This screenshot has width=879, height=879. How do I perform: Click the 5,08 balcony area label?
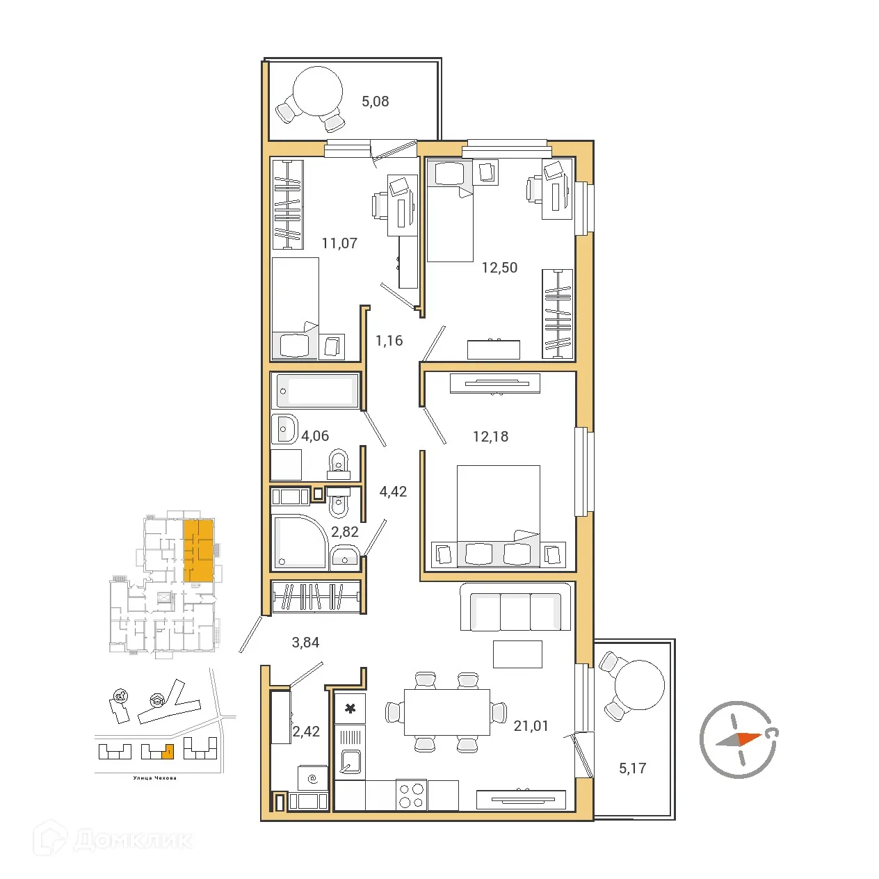[x=375, y=102]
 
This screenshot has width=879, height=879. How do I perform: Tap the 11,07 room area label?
[x=339, y=243]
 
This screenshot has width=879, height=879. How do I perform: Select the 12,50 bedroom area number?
[x=499, y=268]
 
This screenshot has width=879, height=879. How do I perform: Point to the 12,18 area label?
[x=490, y=437]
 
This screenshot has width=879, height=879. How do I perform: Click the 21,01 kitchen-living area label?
[x=531, y=726]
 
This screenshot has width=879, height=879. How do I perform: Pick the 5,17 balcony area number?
[x=632, y=768]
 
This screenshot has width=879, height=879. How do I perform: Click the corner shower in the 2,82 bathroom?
[x=298, y=542]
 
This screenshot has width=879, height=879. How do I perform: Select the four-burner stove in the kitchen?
[x=411, y=795]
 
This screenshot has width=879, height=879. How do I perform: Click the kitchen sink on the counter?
[x=350, y=761]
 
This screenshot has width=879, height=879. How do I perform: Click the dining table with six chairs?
[x=446, y=712]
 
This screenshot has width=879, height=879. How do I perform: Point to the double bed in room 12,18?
[x=498, y=511]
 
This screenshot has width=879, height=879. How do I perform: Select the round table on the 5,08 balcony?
[x=318, y=92]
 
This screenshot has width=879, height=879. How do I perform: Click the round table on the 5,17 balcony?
[x=639, y=685]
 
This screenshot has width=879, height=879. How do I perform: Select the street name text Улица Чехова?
[x=154, y=778]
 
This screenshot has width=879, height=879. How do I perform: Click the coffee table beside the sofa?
[x=517, y=654]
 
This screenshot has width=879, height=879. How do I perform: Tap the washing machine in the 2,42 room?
[x=312, y=778]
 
